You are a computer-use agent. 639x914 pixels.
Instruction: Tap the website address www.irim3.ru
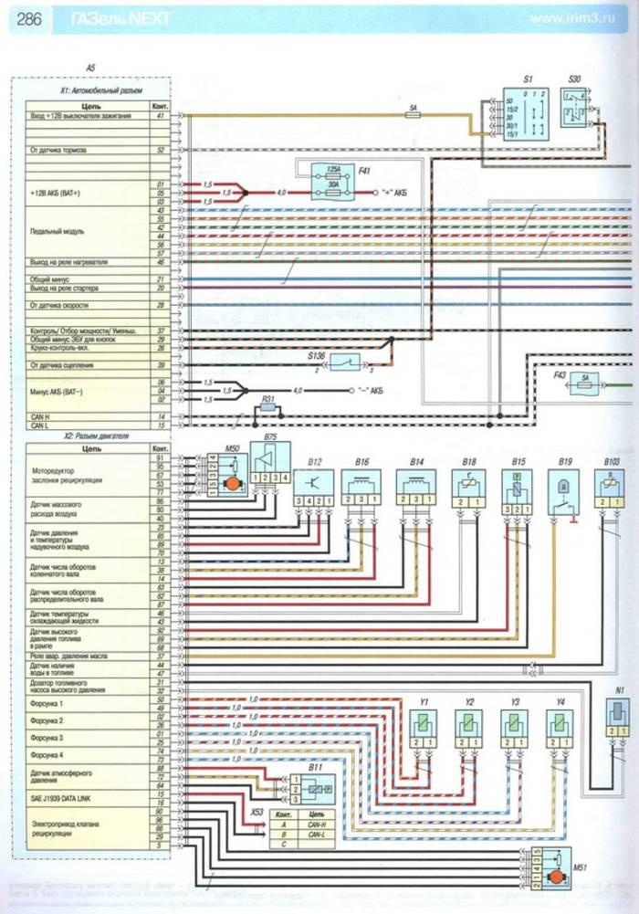[x=579, y=19]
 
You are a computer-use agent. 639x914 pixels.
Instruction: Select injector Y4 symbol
[x=560, y=730]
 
